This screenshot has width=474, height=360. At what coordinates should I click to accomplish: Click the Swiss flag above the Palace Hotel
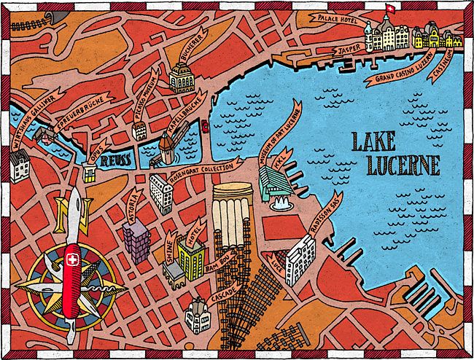(389, 10)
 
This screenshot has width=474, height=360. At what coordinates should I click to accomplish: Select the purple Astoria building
(136, 240)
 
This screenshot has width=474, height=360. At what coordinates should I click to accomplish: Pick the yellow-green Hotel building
(191, 256)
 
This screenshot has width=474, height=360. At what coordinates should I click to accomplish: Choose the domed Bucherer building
(181, 77)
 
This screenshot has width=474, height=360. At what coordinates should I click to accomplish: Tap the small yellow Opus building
(89, 172)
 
